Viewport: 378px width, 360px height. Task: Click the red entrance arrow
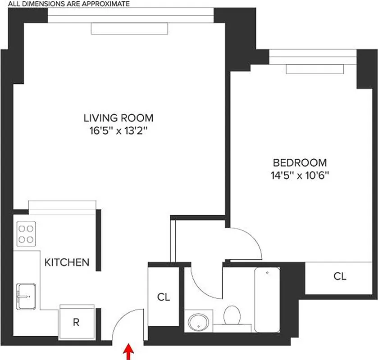[129, 352]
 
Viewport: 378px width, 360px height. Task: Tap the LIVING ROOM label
[118, 118]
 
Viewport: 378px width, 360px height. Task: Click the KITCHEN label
[67, 262]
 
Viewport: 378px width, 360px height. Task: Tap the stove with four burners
[26, 233]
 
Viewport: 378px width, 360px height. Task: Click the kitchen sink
[27, 296]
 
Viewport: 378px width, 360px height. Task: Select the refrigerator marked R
[76, 322]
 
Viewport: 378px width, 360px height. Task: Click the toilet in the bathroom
[232, 315]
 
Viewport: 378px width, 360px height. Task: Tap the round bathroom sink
[198, 322]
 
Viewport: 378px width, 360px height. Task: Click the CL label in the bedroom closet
[340, 276]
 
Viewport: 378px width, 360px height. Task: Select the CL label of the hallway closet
[164, 297]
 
